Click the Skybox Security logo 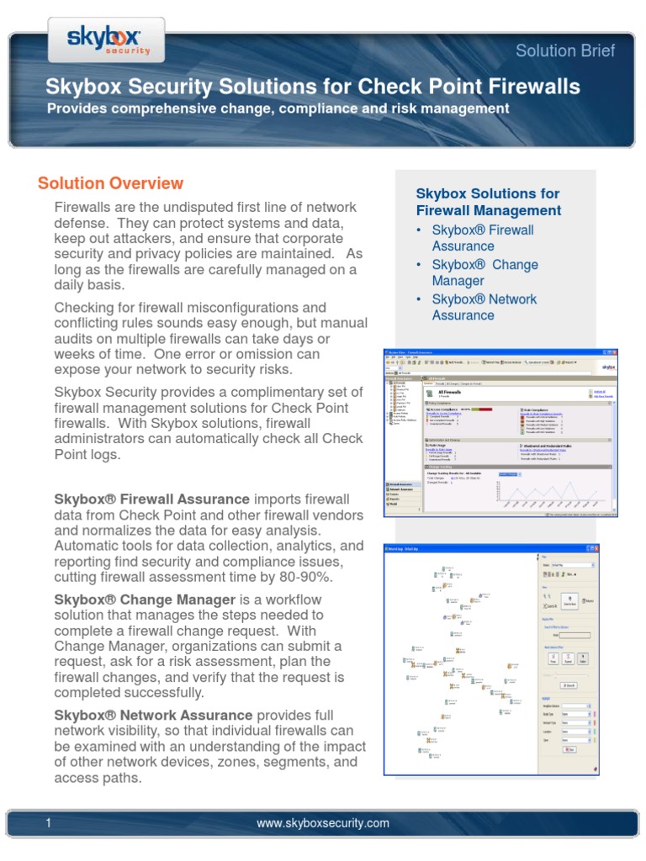(104, 38)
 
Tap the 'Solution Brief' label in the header (564, 50)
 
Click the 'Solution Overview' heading (110, 183)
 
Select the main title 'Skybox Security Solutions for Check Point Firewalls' (312, 86)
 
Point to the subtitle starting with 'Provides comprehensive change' (278, 108)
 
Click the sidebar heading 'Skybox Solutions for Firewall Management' (488, 202)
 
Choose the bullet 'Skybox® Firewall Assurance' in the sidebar (482, 238)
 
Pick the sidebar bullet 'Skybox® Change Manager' (484, 272)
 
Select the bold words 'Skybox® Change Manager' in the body (145, 600)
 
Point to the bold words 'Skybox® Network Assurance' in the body (153, 714)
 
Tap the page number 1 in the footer (48, 823)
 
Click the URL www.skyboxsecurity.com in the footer (323, 823)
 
